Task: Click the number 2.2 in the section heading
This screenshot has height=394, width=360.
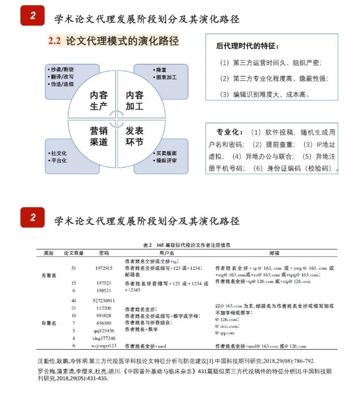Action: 55,41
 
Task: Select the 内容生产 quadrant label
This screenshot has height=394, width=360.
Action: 99,101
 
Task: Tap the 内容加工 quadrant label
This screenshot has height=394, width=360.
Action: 134,101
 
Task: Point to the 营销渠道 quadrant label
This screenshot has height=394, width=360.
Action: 99,136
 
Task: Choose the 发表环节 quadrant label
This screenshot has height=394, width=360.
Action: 134,136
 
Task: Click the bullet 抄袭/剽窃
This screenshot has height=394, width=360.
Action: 62,69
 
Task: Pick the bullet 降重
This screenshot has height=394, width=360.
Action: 160,69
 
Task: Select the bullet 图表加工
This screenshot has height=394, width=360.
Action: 166,77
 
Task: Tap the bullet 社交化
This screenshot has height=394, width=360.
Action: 59,153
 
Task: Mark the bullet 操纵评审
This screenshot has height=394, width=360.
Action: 166,161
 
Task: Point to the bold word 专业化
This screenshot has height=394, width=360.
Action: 230,132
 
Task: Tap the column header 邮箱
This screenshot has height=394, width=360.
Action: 274,253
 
